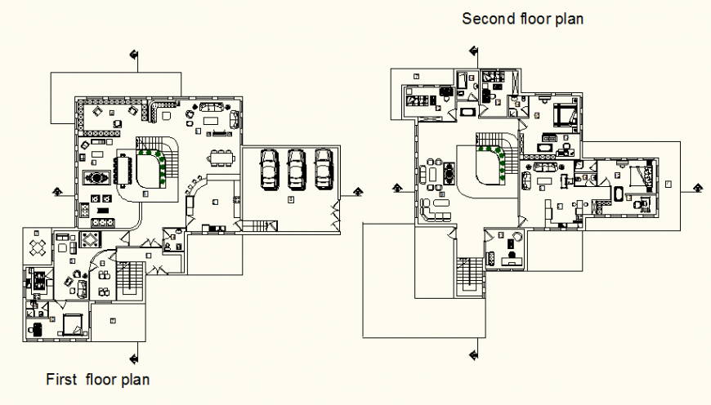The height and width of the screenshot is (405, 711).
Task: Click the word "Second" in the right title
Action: tap(484, 19)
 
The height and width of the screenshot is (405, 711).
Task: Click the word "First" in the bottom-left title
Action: tap(60, 380)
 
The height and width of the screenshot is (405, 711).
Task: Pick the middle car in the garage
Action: tap(296, 167)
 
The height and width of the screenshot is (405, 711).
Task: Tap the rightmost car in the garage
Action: tap(324, 167)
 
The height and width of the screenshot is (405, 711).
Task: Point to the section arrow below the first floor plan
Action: tap(133, 357)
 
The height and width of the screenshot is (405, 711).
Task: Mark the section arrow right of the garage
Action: tap(357, 191)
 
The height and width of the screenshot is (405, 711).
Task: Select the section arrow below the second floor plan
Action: tap(472, 354)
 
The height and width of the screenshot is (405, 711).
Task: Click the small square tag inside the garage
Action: tap(291, 198)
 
